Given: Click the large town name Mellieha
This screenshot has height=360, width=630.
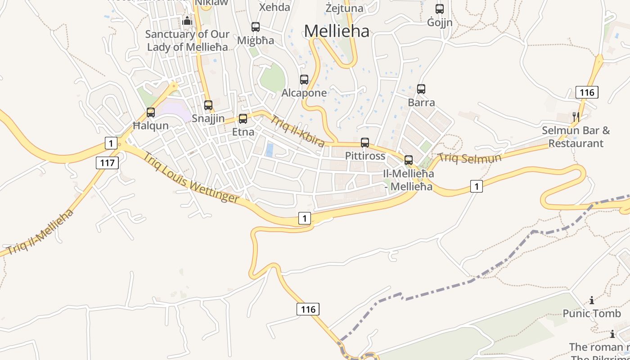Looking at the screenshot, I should click(337, 31).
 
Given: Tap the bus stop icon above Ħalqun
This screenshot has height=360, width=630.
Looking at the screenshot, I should click(151, 112).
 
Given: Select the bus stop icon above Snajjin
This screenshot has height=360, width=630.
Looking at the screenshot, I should click(208, 105).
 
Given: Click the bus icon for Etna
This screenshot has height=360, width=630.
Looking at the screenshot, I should click(243, 119).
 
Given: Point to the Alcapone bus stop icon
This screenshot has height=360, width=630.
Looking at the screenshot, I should click(304, 80).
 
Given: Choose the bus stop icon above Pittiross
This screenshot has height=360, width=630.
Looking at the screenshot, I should click(365, 143).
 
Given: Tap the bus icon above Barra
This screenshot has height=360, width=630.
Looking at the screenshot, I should click(421, 89).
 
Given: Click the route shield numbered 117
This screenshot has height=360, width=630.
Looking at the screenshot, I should click(107, 162).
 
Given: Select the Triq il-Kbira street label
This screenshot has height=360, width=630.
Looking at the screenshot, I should click(297, 131).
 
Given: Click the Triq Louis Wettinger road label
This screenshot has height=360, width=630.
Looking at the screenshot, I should click(191, 177).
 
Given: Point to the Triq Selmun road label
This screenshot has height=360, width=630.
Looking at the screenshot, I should click(470, 158).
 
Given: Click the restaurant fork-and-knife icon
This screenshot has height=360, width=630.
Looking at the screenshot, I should click(576, 117).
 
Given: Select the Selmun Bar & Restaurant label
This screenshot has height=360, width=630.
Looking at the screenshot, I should click(576, 137).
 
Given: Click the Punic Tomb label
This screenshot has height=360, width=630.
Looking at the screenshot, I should click(592, 313).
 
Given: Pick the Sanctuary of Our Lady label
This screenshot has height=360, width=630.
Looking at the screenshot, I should click(187, 40).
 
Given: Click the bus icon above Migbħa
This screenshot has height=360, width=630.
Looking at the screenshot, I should click(256, 27).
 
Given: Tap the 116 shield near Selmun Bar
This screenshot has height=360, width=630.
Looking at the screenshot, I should click(587, 93).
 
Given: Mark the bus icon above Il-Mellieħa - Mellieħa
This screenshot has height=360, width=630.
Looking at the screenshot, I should click(409, 160).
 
